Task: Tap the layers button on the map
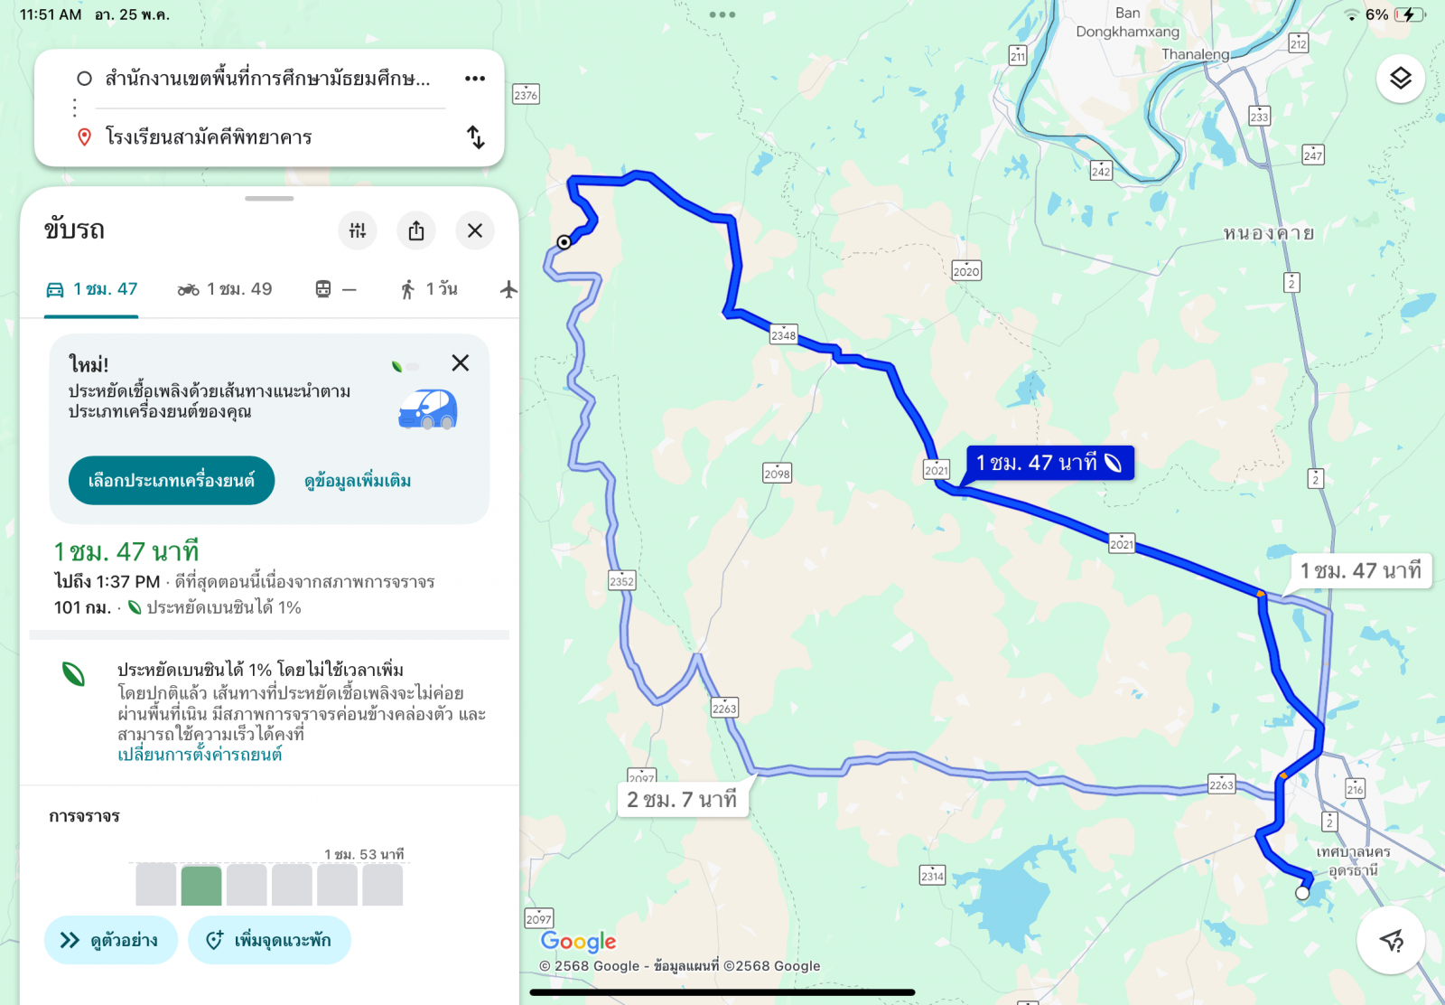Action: pos(1400,79)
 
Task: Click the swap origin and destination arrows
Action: pos(476,137)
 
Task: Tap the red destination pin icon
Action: pos(84,137)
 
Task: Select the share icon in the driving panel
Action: pos(416,231)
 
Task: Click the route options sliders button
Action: pos(358,231)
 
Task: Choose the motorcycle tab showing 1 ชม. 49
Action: pos(225,289)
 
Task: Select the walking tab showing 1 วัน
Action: pos(429,289)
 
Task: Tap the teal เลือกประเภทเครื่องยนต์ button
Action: pos(172,481)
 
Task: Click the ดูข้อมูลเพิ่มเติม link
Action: pos(358,481)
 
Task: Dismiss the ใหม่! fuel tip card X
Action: pos(461,363)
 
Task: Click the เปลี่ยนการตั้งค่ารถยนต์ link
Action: pos(200,755)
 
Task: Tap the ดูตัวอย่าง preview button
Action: pos(110,940)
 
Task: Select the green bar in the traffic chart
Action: pos(201,886)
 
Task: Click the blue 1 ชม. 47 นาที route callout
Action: pos(1049,463)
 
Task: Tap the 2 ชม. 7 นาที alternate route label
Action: pos(683,800)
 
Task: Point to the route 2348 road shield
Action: pos(783,335)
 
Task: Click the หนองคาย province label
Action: pos(1268,233)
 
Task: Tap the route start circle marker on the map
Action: pos(564,241)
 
